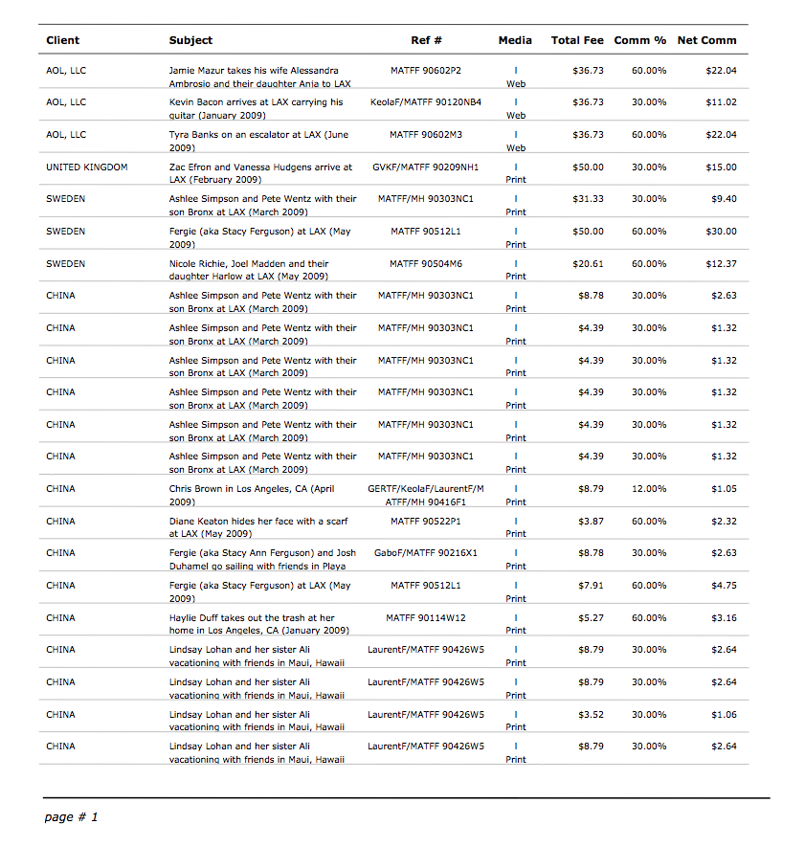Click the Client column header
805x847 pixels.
pos(62,40)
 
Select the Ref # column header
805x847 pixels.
pos(426,40)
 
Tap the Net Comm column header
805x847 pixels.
pos(706,40)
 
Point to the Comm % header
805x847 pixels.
pos(639,40)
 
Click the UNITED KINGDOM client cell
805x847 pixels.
pos(86,167)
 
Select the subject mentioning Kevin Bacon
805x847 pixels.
pos(257,108)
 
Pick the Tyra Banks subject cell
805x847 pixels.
pos(258,141)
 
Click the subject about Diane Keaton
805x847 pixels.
pos(258,527)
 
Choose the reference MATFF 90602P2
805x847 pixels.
pos(426,71)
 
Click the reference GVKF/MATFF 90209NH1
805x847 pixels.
pos(426,167)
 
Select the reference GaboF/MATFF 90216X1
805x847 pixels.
pos(426,553)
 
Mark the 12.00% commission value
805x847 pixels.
pos(649,489)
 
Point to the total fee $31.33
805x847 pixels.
pos(588,199)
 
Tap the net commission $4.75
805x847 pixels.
pos(724,586)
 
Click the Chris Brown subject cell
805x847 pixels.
pos(252,495)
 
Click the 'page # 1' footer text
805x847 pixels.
pos(72,817)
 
